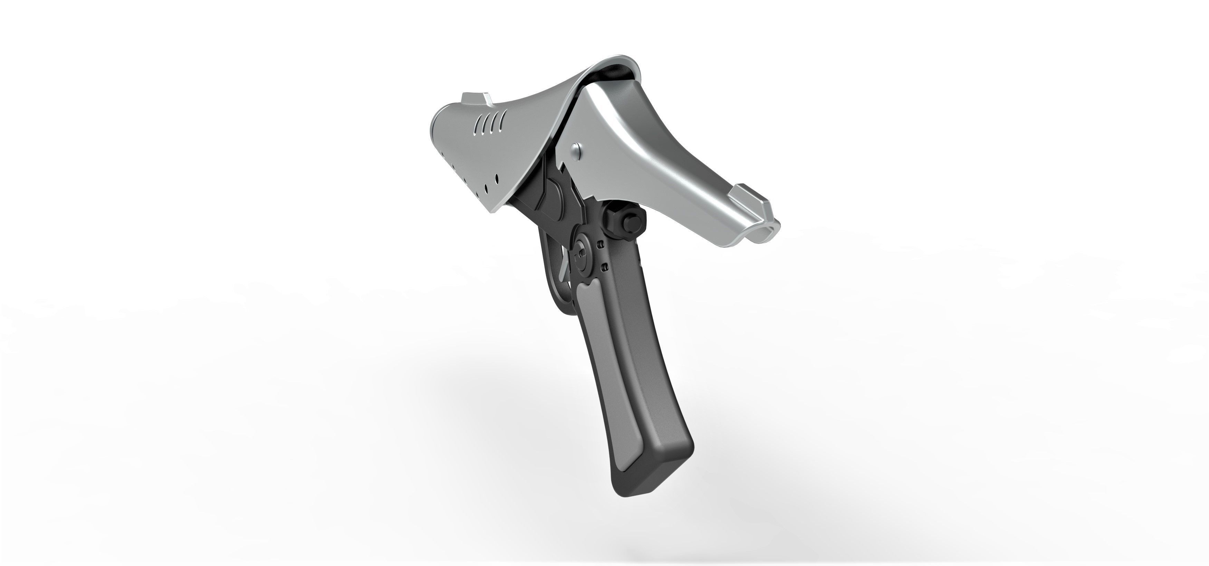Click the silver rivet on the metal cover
(575, 151)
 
